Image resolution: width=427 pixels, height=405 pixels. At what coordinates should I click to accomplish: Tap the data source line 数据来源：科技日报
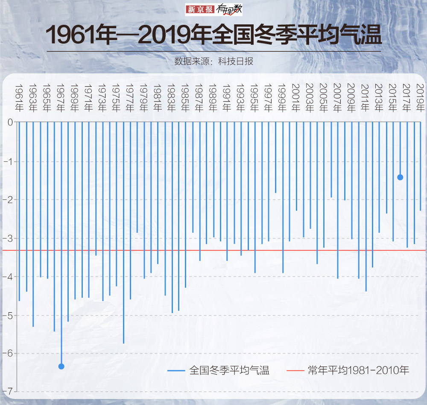point(213,61)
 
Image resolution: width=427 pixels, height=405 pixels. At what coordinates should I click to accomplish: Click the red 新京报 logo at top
point(199,9)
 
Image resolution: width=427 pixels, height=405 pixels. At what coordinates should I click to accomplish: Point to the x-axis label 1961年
point(19,98)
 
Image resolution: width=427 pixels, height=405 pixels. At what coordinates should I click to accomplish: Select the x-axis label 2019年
point(420,98)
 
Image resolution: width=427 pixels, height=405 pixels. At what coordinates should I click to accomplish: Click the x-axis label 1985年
point(185,98)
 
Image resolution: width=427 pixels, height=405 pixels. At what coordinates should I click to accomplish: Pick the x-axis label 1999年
point(282,98)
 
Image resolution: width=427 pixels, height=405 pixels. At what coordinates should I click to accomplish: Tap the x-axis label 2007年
point(337,98)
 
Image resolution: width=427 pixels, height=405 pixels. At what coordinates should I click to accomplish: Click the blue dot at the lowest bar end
point(61,366)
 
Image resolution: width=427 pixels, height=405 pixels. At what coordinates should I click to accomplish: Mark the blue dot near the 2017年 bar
point(400,177)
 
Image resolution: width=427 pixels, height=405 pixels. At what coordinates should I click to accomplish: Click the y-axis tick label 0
point(10,123)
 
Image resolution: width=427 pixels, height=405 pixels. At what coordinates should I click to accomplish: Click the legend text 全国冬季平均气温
point(229,370)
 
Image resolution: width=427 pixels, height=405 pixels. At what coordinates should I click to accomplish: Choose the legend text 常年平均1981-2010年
point(359,370)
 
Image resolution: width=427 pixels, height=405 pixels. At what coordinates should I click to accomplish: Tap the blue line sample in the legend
point(176,370)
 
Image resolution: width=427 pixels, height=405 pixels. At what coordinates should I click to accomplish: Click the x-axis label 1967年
point(60,98)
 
